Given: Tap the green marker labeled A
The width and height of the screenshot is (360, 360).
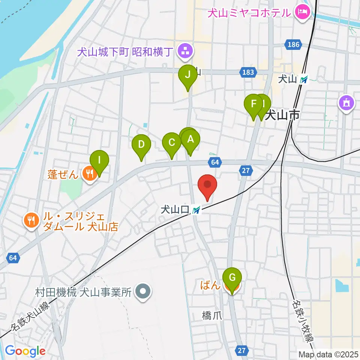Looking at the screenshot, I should pos(190,141).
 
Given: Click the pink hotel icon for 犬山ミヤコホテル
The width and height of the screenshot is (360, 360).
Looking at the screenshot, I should pos(302,12).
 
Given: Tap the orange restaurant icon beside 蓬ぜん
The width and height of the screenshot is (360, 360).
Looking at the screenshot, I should pos(89,174).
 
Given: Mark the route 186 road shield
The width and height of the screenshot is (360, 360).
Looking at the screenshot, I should pos(294,45).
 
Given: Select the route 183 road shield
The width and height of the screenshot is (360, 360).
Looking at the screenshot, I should pos(248,72).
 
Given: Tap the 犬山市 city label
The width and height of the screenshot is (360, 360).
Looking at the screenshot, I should pos(282,115).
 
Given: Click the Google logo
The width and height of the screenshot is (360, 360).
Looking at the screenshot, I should pos(25,351).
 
